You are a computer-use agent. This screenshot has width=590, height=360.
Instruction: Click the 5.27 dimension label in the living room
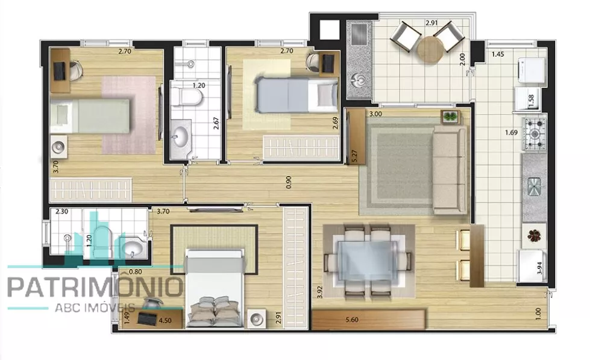point(354,156)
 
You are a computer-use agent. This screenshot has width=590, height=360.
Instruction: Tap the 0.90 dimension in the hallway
point(289,182)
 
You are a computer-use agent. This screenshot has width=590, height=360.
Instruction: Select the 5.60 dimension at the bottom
point(352,320)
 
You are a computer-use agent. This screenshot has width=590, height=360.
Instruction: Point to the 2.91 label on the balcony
point(432,22)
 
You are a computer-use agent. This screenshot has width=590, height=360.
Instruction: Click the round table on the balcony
point(430,49)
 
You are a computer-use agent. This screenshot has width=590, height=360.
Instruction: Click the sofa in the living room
point(450,169)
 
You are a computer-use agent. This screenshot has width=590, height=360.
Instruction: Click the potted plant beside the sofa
point(450,116)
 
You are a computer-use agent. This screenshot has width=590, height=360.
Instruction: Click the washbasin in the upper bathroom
point(180,136)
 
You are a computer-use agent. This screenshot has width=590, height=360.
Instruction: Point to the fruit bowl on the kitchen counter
point(535,236)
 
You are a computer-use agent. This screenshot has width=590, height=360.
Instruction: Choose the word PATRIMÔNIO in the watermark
point(95,288)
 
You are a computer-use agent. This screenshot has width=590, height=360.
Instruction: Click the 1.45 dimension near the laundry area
point(497,54)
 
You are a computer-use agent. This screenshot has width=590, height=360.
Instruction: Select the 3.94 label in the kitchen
point(541,267)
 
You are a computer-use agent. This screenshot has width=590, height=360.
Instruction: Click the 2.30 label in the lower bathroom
point(61,212)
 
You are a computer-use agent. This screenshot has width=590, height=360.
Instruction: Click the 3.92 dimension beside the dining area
point(320,292)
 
